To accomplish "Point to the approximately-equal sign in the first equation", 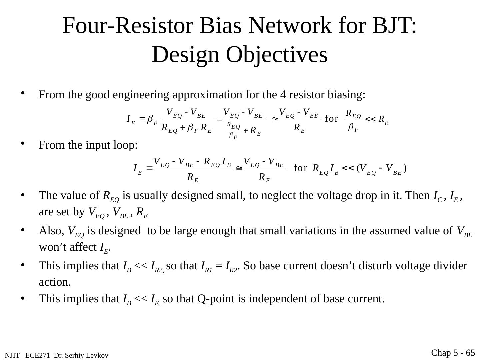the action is pos(275,119).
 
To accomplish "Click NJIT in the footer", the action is pos(12,356).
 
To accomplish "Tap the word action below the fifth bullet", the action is pos(54,282).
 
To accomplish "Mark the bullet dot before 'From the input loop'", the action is pos(23,144).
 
